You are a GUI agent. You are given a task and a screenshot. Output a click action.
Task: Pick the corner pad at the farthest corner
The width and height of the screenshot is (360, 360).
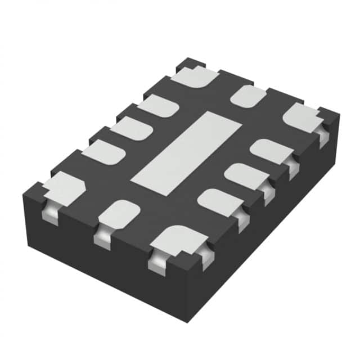point(195,76)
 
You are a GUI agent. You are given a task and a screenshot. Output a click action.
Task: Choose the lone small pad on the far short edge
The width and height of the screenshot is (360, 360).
point(248,96)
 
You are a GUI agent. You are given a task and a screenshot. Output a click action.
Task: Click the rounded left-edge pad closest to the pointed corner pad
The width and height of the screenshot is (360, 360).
point(103,152)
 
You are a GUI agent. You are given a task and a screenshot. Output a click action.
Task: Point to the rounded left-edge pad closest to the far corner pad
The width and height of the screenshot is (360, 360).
point(157,106)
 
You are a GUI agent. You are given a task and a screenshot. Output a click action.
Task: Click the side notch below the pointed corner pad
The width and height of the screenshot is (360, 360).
point(49,213)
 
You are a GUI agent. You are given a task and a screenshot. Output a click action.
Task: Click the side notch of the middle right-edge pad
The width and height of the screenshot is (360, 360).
point(267,192)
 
